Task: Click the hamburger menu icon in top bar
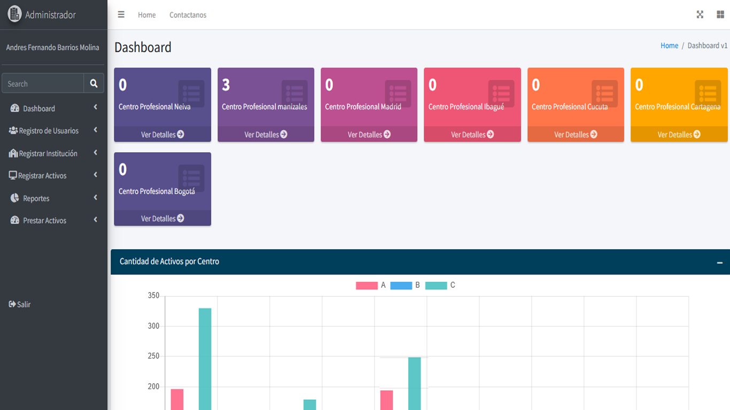coord(121,15)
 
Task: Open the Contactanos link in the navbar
coord(188,15)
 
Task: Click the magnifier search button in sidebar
coord(94,83)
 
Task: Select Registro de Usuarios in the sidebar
coord(49,131)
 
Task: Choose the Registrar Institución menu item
coord(48,153)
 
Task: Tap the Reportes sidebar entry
coord(36,198)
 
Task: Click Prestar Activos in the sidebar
coord(44,220)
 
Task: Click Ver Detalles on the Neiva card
coord(162,135)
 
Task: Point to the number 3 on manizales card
coord(226,85)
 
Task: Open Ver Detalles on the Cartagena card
coord(679,135)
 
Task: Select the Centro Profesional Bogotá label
coord(157,191)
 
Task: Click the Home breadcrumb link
coord(669,46)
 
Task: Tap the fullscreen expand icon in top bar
coord(700,15)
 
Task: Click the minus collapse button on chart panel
coord(719,262)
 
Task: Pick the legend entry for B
coord(405,286)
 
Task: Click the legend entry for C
coord(440,286)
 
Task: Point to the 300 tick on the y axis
coord(153,326)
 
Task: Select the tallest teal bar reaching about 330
coord(205,358)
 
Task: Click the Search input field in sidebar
coord(43,83)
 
